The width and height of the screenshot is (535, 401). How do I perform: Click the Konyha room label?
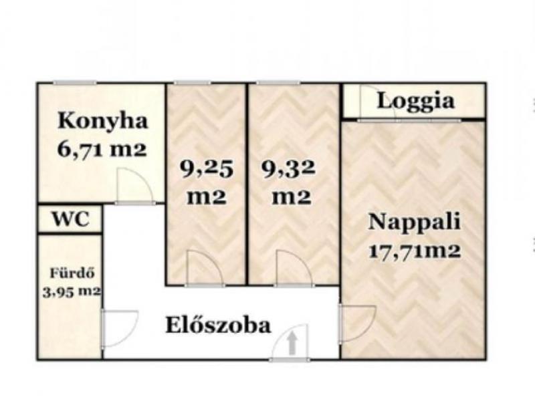[103, 121]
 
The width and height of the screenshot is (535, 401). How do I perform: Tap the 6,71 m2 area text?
[102, 149]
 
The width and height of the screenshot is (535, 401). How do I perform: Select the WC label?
[71, 219]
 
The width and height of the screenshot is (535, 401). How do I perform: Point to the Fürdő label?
[72, 273]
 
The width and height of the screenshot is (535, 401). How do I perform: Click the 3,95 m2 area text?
[72, 291]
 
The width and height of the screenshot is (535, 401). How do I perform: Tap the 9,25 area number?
[207, 169]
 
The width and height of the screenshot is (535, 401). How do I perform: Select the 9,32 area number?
[289, 169]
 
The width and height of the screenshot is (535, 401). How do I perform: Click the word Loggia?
[416, 101]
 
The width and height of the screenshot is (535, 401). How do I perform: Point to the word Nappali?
[414, 222]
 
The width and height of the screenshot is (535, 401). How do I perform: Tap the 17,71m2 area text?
[415, 252]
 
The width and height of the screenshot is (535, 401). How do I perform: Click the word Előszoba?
[218, 325]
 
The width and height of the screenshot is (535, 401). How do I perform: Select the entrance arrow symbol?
[292, 343]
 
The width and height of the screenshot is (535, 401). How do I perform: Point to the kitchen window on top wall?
[74, 82]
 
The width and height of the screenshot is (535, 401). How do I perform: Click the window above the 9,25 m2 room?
[192, 82]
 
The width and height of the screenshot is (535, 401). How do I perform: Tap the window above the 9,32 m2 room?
[278, 82]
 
